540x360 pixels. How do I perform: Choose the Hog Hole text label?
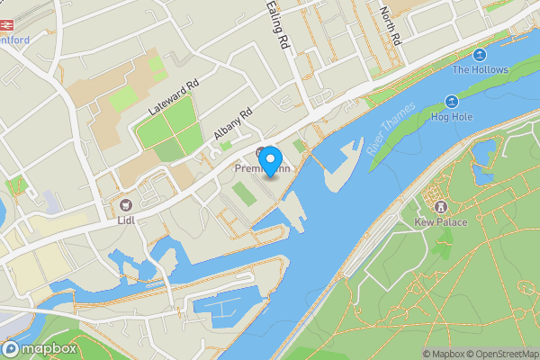450,116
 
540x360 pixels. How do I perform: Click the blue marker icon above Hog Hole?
450,102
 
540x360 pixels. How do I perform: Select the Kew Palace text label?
441,221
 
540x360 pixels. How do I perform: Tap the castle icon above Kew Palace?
441,205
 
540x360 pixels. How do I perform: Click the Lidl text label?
125,219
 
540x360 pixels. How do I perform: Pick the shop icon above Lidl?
125,203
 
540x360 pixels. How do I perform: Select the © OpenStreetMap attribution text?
498,354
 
